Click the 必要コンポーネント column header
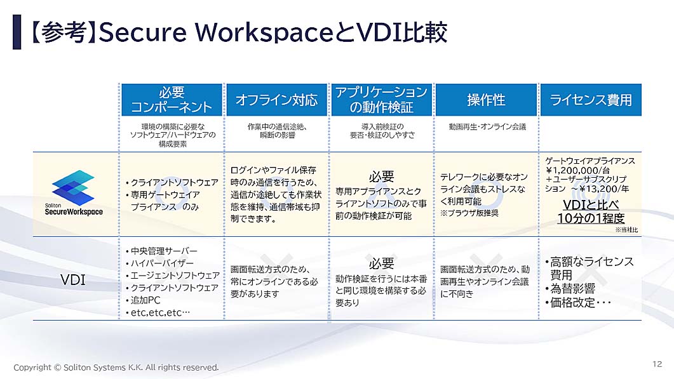(x=172, y=100)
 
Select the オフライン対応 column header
(x=276, y=100)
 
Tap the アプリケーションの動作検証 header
(x=381, y=100)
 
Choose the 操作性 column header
(x=486, y=100)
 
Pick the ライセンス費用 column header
(x=591, y=100)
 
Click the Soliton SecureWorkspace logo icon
(x=73, y=187)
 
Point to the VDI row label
(x=73, y=280)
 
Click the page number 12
(x=657, y=364)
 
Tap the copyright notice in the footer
(x=116, y=368)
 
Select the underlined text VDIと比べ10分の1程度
(x=591, y=211)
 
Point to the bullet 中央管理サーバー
(x=161, y=251)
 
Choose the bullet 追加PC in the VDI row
(x=143, y=300)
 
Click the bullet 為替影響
(x=570, y=288)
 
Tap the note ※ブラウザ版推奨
(x=469, y=213)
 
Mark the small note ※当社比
(x=626, y=230)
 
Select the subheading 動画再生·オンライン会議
(x=487, y=127)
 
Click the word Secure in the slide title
(x=143, y=32)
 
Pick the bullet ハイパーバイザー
(x=159, y=263)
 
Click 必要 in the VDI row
(x=381, y=263)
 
